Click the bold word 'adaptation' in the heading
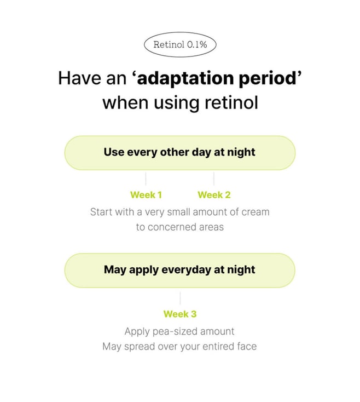[185, 78]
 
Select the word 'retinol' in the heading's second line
[231, 102]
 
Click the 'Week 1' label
[146, 195]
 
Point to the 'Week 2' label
[214, 195]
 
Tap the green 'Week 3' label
[180, 314]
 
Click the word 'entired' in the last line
[218, 346]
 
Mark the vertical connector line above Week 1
[146, 179]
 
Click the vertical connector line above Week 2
[214, 179]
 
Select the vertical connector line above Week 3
[180, 298]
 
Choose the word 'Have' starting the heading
[80, 78]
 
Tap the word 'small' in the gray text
[178, 212]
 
